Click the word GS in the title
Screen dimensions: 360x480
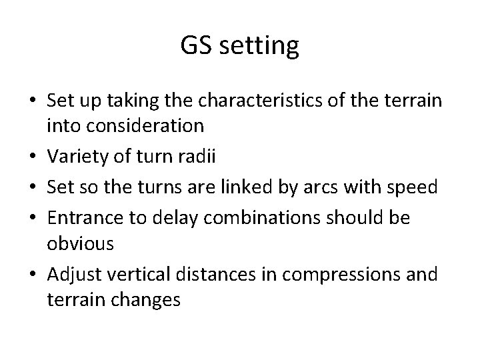tap(195, 46)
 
